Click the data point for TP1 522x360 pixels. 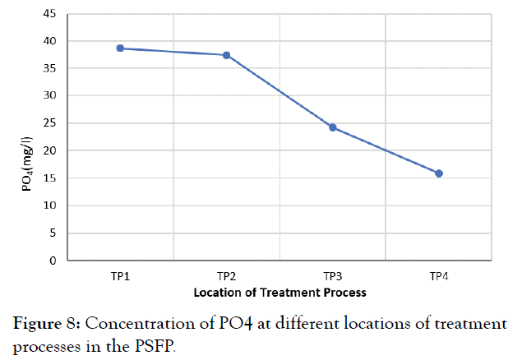[120, 48]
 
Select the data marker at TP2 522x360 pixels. [226, 55]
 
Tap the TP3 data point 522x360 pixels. [333, 127]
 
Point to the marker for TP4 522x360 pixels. [439, 173]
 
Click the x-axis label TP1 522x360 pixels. [120, 275]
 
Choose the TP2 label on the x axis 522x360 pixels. [226, 275]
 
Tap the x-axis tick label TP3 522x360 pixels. [333, 275]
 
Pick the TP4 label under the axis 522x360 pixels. [439, 275]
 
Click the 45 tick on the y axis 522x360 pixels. [50, 14]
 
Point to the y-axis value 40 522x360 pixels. [50, 41]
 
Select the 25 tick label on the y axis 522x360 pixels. [50, 123]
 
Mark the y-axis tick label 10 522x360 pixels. [50, 205]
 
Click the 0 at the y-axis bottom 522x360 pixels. [53, 261]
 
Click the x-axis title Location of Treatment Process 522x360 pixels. [279, 292]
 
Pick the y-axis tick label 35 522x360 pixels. [50, 69]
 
